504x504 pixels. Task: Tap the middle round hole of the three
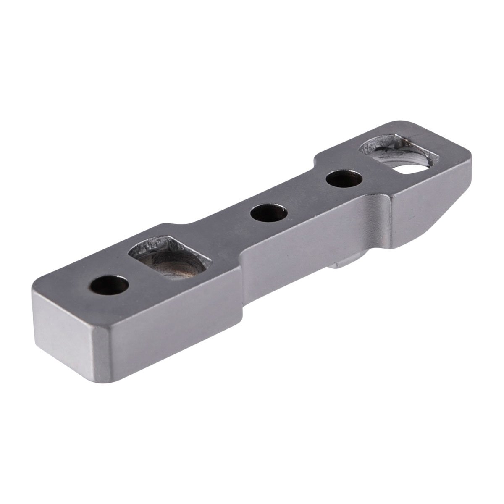coord(269,213)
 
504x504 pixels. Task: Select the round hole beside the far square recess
coord(344,178)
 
